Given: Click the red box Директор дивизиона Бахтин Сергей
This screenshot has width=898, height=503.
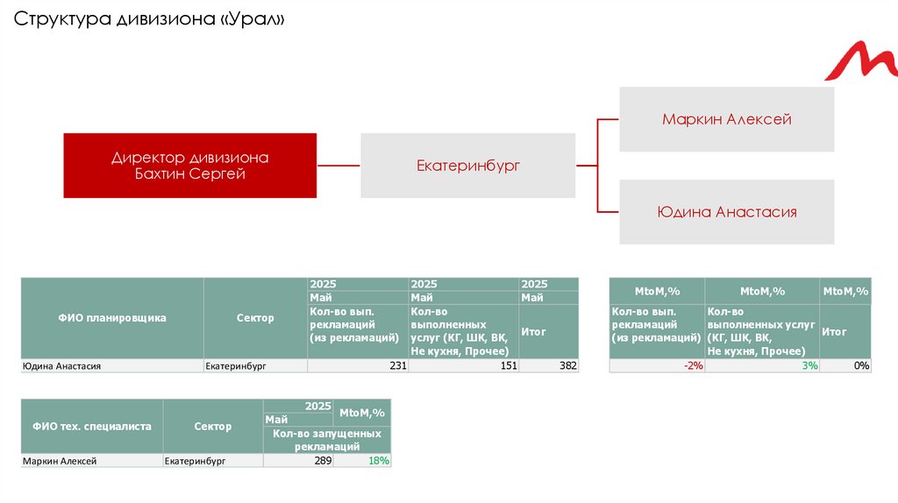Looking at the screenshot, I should (x=189, y=166).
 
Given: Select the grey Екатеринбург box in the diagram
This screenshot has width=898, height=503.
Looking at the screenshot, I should (x=467, y=165).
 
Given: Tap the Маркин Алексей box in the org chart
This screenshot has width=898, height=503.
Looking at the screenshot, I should (x=726, y=119).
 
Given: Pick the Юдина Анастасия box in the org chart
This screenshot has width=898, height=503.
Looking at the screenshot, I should (x=726, y=212).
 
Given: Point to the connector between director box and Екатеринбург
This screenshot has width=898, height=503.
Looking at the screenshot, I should (x=339, y=165).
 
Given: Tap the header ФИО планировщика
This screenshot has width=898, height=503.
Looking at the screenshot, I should (x=112, y=318).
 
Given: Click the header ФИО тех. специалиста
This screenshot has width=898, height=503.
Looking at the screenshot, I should (x=92, y=426).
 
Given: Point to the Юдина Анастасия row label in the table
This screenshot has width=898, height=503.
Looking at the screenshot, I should (x=61, y=366).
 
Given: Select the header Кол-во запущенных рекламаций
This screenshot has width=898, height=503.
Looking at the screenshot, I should (x=326, y=440).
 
